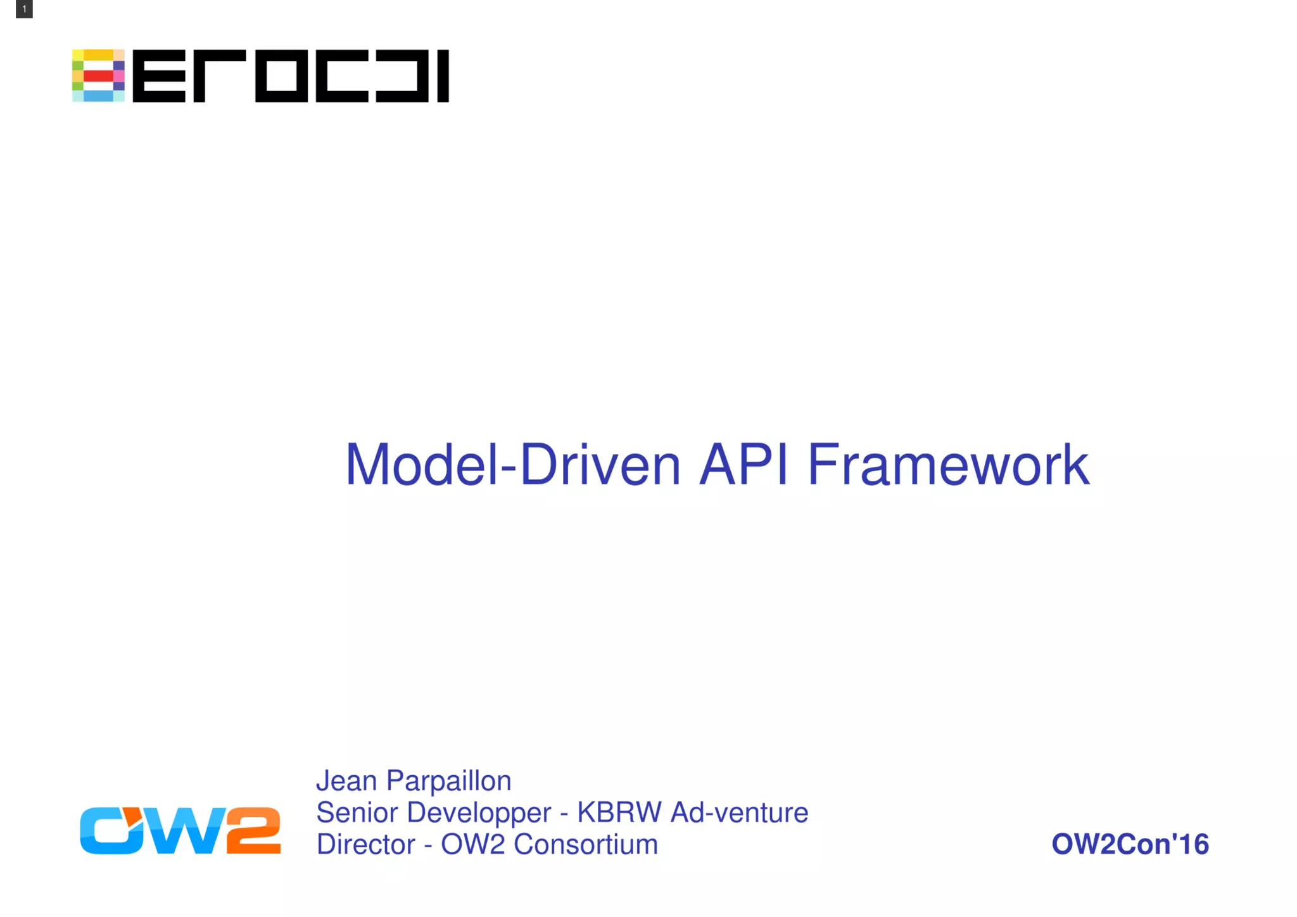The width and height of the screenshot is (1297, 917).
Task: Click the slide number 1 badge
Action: point(24,9)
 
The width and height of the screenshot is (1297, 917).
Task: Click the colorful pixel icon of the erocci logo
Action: point(98,75)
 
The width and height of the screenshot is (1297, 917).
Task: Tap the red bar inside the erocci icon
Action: point(98,76)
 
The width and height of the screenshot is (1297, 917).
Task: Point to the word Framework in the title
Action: point(948,465)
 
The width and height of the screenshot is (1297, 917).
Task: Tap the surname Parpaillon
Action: point(448,781)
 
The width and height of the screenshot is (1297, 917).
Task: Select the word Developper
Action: point(479,813)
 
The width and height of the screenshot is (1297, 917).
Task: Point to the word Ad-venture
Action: point(739,813)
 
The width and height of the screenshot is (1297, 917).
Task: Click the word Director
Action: point(365,844)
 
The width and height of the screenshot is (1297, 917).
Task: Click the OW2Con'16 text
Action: point(1130,844)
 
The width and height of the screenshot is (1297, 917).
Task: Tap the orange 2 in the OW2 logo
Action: point(253,830)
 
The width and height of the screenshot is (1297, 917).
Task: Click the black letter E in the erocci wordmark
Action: point(159,76)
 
